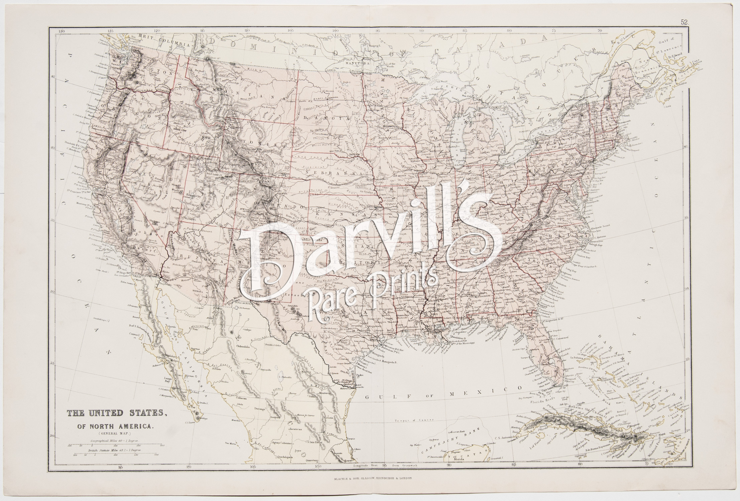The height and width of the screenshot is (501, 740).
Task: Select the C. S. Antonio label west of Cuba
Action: (504, 438)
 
